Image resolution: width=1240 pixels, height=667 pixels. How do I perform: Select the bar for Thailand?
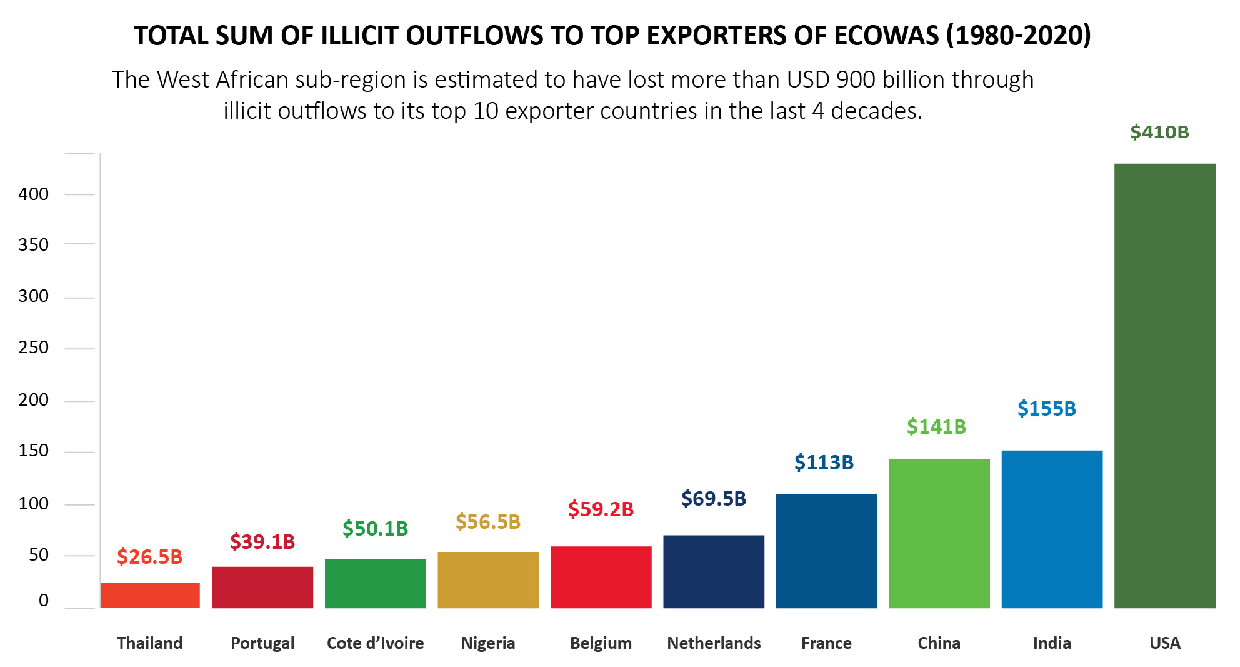150,595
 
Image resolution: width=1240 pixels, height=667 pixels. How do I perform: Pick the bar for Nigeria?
488,579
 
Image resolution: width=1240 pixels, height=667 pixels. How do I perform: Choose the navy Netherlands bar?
714,571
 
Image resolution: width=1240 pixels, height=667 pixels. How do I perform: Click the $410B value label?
1159,132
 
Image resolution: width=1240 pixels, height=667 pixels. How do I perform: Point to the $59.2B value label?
601,509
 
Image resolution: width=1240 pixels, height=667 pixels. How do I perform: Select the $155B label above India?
1047,408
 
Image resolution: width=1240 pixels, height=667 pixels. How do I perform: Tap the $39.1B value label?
262,541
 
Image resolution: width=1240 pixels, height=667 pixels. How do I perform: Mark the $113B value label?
824,462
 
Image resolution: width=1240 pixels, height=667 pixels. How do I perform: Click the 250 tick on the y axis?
34,348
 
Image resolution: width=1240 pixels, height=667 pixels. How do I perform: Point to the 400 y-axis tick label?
34,194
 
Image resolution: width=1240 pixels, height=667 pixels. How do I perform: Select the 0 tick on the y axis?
44,601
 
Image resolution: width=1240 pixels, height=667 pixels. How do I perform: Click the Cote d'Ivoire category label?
375,643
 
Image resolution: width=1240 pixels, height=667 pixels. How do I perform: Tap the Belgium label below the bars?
601,643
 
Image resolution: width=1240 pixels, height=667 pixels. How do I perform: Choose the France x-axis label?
826,643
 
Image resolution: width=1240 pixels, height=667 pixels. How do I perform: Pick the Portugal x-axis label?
262,643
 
